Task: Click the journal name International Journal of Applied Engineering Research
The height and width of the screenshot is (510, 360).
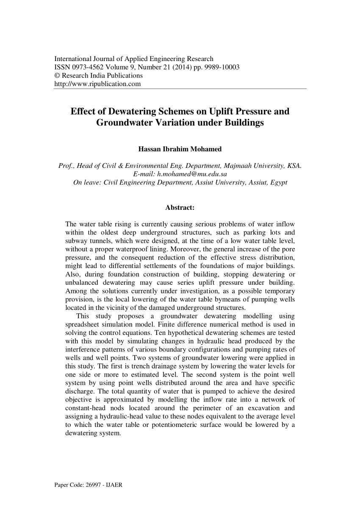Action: pyautogui.click(x=134, y=59)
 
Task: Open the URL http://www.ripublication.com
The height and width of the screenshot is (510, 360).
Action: pyautogui.click(x=97, y=84)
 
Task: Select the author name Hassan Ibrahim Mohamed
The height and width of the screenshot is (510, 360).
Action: pyautogui.click(x=180, y=149)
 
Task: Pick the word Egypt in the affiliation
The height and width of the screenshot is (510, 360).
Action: pyautogui.click(x=279, y=183)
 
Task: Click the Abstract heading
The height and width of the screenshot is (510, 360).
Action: pyautogui.click(x=180, y=208)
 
